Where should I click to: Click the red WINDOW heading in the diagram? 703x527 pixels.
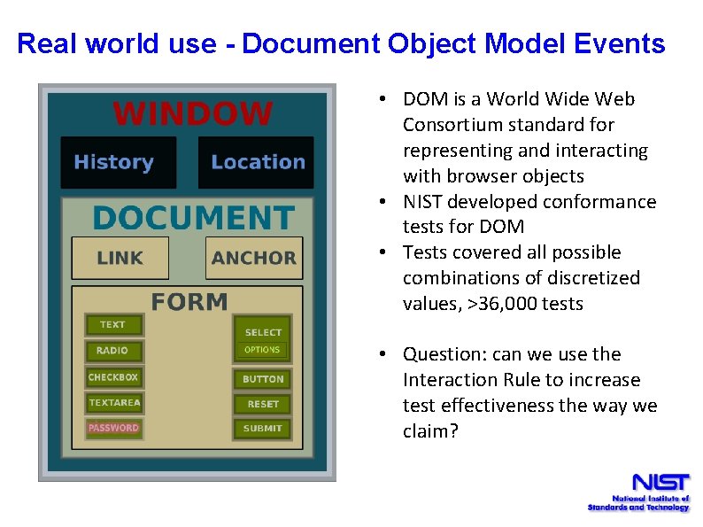(x=193, y=113)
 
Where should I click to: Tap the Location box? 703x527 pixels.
(x=256, y=162)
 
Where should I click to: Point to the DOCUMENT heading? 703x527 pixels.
(x=192, y=218)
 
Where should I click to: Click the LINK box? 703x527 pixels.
(x=120, y=258)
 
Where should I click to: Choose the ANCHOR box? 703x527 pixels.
(x=253, y=258)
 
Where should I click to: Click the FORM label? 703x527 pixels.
(x=189, y=302)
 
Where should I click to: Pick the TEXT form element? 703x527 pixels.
(x=112, y=325)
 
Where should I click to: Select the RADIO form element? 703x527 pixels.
(x=112, y=351)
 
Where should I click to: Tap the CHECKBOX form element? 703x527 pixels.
(x=112, y=377)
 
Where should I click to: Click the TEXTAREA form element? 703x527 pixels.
(x=113, y=403)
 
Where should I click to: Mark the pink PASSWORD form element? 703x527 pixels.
(x=113, y=428)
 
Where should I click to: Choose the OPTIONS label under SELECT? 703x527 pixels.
(x=262, y=350)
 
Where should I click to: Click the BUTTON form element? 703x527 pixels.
(x=263, y=379)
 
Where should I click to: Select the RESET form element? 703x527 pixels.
(x=263, y=404)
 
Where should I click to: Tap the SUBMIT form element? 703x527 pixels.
(x=263, y=429)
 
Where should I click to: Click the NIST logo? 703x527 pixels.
(x=638, y=492)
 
